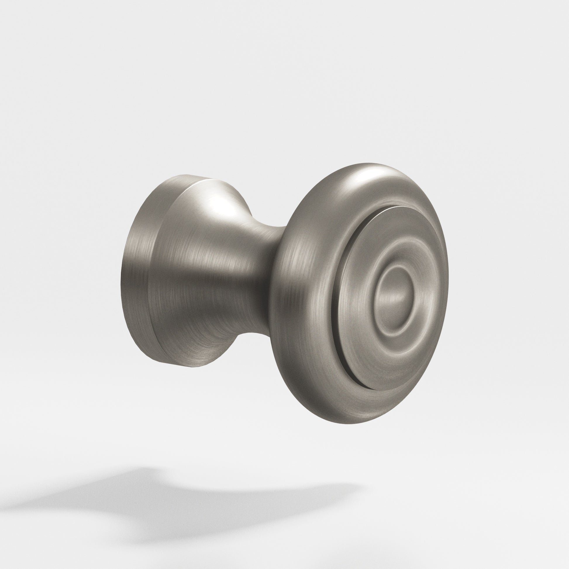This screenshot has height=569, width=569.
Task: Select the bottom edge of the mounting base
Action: point(189,365)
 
